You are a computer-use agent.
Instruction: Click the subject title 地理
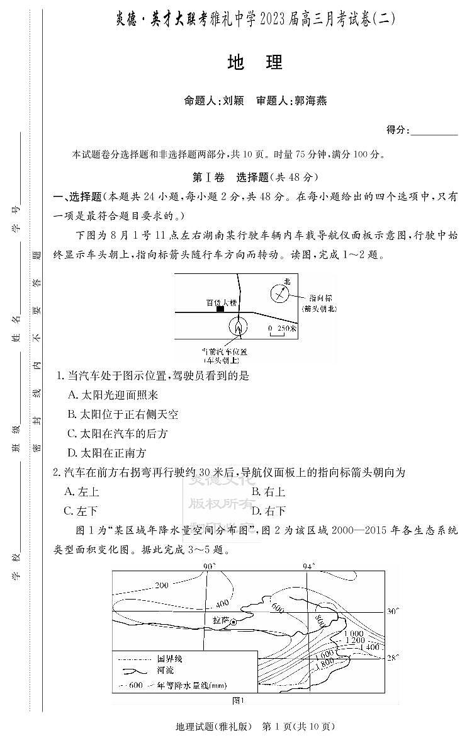(x=255, y=62)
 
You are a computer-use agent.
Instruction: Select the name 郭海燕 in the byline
(x=310, y=100)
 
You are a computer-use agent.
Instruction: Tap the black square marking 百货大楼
(x=220, y=309)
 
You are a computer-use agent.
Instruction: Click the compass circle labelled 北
(x=279, y=293)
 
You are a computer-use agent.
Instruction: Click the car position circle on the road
(x=237, y=327)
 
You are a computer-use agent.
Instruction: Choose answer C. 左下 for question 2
(x=81, y=511)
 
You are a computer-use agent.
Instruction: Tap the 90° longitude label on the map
(x=210, y=566)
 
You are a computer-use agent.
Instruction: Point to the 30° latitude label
(x=393, y=612)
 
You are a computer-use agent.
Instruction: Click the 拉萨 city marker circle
(x=233, y=622)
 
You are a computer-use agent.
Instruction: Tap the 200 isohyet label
(x=162, y=586)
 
